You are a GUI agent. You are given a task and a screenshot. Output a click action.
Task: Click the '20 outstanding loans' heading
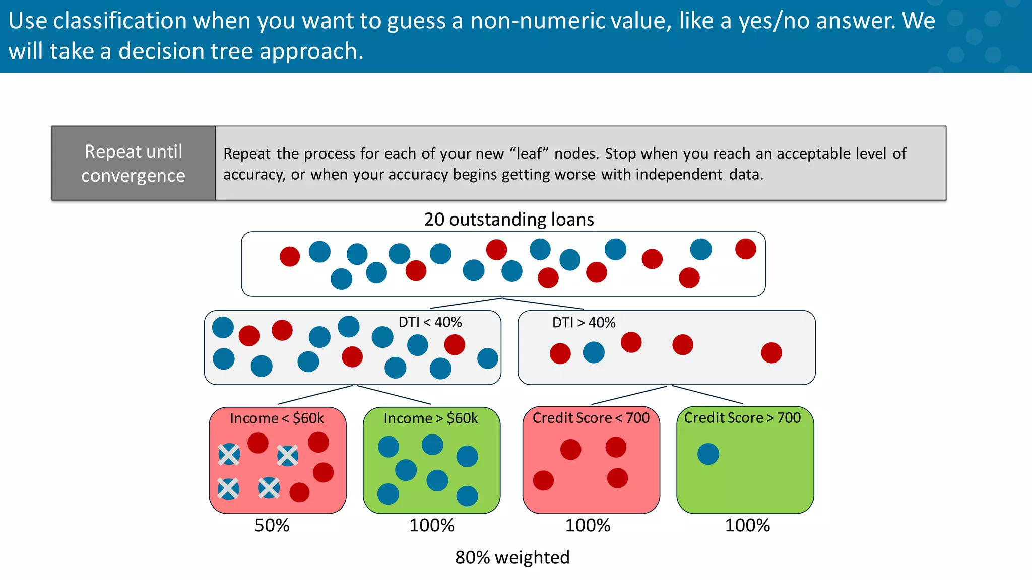pos(509,220)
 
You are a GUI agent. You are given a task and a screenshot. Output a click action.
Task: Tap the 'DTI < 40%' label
pos(430,322)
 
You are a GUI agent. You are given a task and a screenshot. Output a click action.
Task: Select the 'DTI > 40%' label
pos(584,323)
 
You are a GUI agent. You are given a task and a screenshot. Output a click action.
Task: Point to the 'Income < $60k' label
pos(277,418)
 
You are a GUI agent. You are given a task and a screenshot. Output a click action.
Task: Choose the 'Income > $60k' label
pos(430,418)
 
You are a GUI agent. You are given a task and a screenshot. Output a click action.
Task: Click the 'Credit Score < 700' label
pos(591,418)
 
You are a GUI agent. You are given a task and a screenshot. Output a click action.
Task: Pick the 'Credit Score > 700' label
pos(742,418)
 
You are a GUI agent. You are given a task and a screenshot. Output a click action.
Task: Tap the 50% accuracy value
pos(272,526)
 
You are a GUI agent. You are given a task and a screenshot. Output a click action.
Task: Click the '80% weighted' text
pos(512,558)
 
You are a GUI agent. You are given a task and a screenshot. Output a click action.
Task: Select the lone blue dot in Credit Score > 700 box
pos(708,454)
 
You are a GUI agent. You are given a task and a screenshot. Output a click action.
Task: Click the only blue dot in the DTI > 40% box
pos(594,352)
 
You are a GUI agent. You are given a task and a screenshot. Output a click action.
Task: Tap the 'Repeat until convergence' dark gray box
pos(134,163)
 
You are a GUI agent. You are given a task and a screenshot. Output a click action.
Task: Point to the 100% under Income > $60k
pos(432,526)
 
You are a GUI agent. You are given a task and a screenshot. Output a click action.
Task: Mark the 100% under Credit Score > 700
pos(747,526)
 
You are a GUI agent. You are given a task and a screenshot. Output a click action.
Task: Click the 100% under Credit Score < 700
pos(588,526)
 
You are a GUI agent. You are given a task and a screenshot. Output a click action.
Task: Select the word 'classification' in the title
pos(120,21)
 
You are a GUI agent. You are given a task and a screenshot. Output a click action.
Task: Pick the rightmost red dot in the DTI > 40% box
pos(771,353)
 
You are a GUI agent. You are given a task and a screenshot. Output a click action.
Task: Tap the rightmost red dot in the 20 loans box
pos(745,249)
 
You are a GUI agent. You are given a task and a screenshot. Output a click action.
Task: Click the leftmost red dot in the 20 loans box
pos(290,257)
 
